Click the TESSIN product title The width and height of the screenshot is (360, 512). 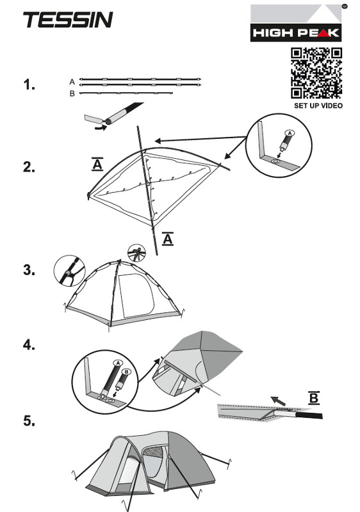pyautogui.click(x=68, y=20)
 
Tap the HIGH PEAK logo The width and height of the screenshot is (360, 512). pyautogui.click(x=296, y=23)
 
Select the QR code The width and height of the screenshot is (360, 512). pyautogui.click(x=316, y=73)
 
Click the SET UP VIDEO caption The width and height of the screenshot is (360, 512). pyautogui.click(x=318, y=106)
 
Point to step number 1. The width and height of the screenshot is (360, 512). pyautogui.click(x=29, y=84)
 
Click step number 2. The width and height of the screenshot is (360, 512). pyautogui.click(x=29, y=167)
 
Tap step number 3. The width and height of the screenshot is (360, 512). pyautogui.click(x=29, y=269)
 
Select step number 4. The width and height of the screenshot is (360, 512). pyautogui.click(x=29, y=345)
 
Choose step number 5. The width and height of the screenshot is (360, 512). pyautogui.click(x=29, y=420)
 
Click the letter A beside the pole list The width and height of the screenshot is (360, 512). pyautogui.click(x=72, y=82)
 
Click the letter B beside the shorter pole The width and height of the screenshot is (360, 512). pyautogui.click(x=72, y=93)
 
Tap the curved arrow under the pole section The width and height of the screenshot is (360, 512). pyautogui.click(x=101, y=127)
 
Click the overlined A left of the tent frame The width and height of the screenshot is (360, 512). pyautogui.click(x=97, y=164)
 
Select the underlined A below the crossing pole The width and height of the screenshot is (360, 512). pyautogui.click(x=168, y=239)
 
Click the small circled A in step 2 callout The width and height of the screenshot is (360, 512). pyautogui.click(x=290, y=133)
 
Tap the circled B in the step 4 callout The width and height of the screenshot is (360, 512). pyautogui.click(x=126, y=372)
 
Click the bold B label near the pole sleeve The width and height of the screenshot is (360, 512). pyautogui.click(x=314, y=398)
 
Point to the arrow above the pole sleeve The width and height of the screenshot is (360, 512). pyautogui.click(x=277, y=401)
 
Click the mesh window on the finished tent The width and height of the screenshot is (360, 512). pyautogui.click(x=153, y=452)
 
